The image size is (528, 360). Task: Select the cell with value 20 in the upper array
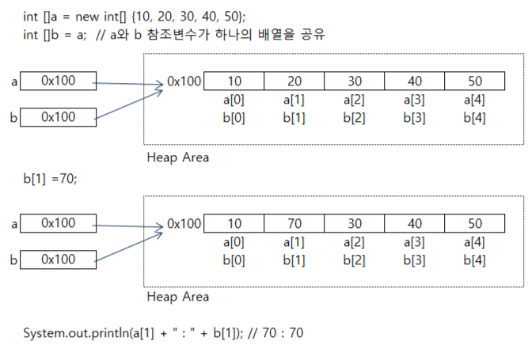(x=294, y=81)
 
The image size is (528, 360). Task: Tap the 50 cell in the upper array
(x=474, y=81)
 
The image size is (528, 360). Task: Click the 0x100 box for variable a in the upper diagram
(x=58, y=81)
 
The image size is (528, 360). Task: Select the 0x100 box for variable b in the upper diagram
(x=58, y=117)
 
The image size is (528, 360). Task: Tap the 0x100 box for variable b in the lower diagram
(x=58, y=259)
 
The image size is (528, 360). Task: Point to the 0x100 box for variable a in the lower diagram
(x=58, y=223)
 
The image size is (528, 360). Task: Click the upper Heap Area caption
(x=178, y=157)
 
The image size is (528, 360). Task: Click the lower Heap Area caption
(x=178, y=297)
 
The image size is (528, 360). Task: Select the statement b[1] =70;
(x=50, y=180)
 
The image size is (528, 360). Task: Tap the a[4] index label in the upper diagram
(x=474, y=100)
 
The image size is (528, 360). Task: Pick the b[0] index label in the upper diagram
(x=234, y=118)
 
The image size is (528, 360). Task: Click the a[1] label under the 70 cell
(x=294, y=242)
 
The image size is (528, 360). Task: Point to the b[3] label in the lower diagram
(x=415, y=260)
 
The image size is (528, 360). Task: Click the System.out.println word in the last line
(x=76, y=333)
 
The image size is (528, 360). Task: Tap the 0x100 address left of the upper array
(x=184, y=81)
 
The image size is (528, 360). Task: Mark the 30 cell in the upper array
(x=355, y=81)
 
